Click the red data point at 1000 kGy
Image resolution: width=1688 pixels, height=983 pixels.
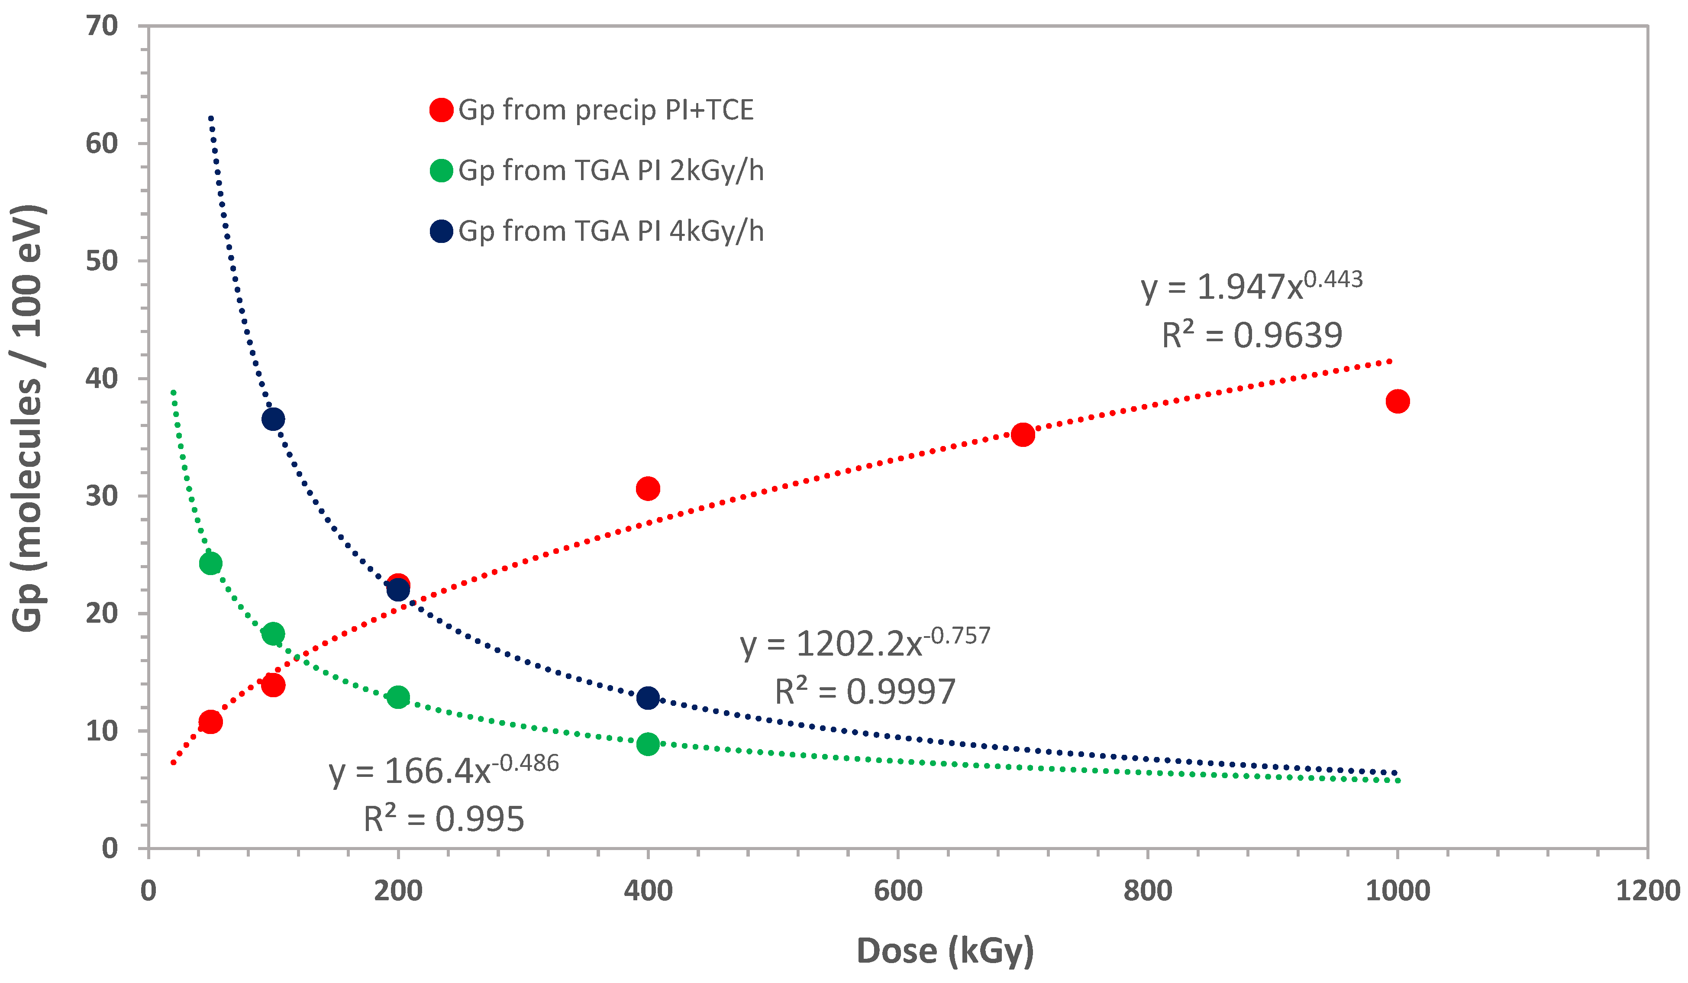(x=1398, y=401)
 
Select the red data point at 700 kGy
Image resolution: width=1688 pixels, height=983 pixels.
(x=1023, y=435)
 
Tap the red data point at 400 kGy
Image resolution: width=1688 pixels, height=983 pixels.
(x=648, y=488)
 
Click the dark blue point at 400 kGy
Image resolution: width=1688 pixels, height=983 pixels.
(x=648, y=698)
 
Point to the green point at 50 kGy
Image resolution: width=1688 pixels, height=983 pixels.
(x=210, y=563)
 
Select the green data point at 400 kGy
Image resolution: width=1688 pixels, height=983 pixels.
(x=648, y=744)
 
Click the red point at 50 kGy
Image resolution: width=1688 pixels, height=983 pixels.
(x=210, y=722)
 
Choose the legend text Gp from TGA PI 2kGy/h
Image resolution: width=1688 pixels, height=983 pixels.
(x=611, y=171)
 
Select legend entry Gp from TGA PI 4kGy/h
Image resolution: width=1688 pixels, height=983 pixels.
(x=611, y=231)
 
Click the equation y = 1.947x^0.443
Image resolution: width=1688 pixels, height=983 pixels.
(x=1251, y=287)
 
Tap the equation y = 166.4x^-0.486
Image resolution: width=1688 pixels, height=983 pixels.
(x=443, y=770)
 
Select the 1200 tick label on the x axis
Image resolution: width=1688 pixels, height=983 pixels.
(x=1647, y=891)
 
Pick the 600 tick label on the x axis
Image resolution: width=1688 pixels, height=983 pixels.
(x=897, y=891)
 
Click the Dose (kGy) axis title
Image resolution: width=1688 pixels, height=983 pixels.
(x=945, y=950)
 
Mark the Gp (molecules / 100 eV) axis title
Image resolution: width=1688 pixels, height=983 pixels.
(x=28, y=418)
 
